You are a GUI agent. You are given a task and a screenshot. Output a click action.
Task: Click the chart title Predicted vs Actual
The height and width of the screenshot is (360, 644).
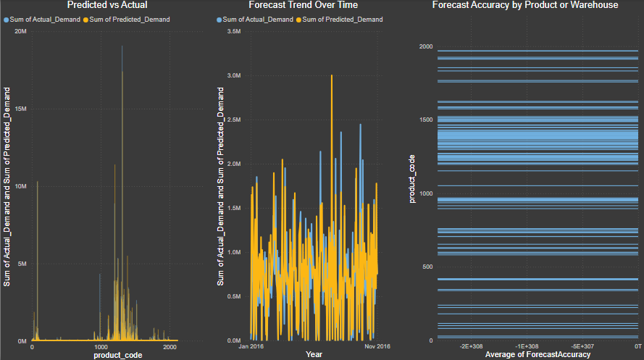(106, 5)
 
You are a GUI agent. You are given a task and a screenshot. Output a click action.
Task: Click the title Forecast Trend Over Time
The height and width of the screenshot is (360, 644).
(313, 5)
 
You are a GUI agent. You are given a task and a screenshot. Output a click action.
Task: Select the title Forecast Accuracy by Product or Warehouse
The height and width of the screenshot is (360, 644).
(525, 5)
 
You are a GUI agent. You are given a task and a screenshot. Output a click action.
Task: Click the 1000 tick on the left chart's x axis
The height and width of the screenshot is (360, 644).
(101, 348)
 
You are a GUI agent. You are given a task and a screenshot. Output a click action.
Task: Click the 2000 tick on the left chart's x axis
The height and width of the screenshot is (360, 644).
(170, 348)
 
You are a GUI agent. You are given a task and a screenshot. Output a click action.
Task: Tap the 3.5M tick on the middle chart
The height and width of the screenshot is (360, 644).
(234, 31)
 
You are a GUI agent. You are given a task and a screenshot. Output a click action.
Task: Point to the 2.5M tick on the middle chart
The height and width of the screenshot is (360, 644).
(234, 120)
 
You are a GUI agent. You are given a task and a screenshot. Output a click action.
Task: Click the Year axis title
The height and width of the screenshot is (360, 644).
(314, 355)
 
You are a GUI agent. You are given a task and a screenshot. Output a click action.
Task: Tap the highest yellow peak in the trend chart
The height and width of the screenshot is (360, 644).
(332, 75)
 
